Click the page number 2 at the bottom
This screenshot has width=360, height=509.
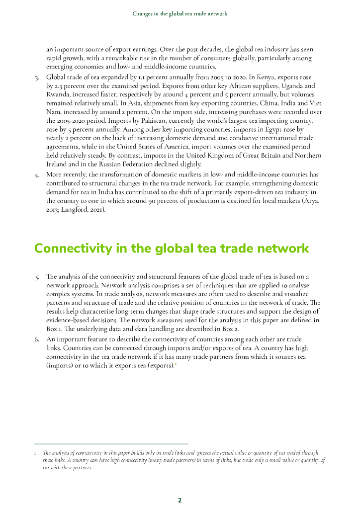[x=180, y=500]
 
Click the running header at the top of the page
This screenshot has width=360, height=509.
[x=180, y=13]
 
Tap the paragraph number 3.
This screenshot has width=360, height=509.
[x=37, y=78]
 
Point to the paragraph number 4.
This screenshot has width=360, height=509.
[x=37, y=174]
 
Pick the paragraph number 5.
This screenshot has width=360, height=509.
[x=37, y=276]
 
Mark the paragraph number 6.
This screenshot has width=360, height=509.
[x=37, y=339]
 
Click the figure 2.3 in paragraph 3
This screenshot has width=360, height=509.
[x=59, y=85]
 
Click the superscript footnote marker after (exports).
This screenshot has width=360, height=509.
[x=176, y=364]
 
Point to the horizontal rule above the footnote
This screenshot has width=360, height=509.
[x=111, y=444]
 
